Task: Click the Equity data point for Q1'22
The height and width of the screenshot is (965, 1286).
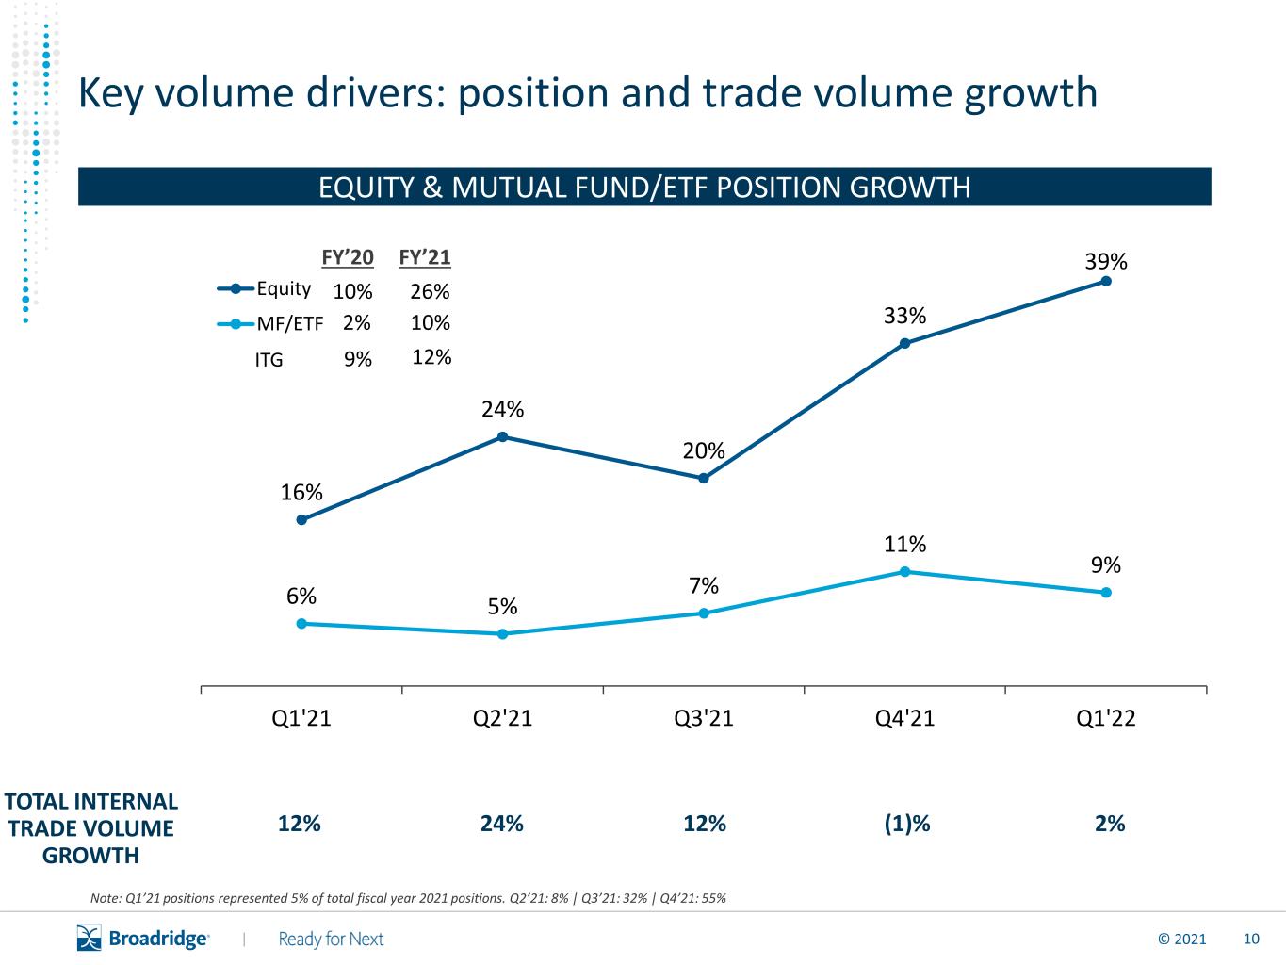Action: coord(1105,281)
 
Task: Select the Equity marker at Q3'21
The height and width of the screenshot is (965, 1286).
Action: coord(704,478)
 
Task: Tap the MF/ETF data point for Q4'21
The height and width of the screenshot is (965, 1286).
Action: coord(904,571)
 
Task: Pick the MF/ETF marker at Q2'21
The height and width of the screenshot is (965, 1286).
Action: coord(502,634)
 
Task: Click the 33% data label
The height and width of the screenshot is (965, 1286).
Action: coord(904,316)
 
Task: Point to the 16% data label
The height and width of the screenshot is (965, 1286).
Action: coord(301,492)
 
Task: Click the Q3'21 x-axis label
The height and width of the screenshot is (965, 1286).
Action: coord(704,718)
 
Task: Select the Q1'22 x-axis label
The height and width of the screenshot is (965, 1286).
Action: coord(1105,718)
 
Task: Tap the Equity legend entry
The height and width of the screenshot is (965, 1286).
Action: coord(264,289)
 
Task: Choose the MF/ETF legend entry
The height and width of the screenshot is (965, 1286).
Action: coord(269,323)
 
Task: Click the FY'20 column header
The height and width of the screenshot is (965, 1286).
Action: coord(348,257)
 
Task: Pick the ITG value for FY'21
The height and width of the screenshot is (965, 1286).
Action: coord(431,357)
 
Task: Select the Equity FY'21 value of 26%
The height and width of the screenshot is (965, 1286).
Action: coord(430,291)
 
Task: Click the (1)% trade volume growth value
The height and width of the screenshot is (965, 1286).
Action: coord(907,824)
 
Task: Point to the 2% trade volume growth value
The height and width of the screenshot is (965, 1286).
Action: coord(1110,824)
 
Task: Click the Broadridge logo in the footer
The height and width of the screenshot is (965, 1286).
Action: coord(142,939)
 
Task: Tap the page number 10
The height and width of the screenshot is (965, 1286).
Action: coord(1251,940)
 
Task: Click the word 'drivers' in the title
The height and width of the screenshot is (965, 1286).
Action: coord(372,92)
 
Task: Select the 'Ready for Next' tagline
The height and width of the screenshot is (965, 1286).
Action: coord(331,940)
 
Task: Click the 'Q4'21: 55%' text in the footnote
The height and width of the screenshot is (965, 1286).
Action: coord(692,898)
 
